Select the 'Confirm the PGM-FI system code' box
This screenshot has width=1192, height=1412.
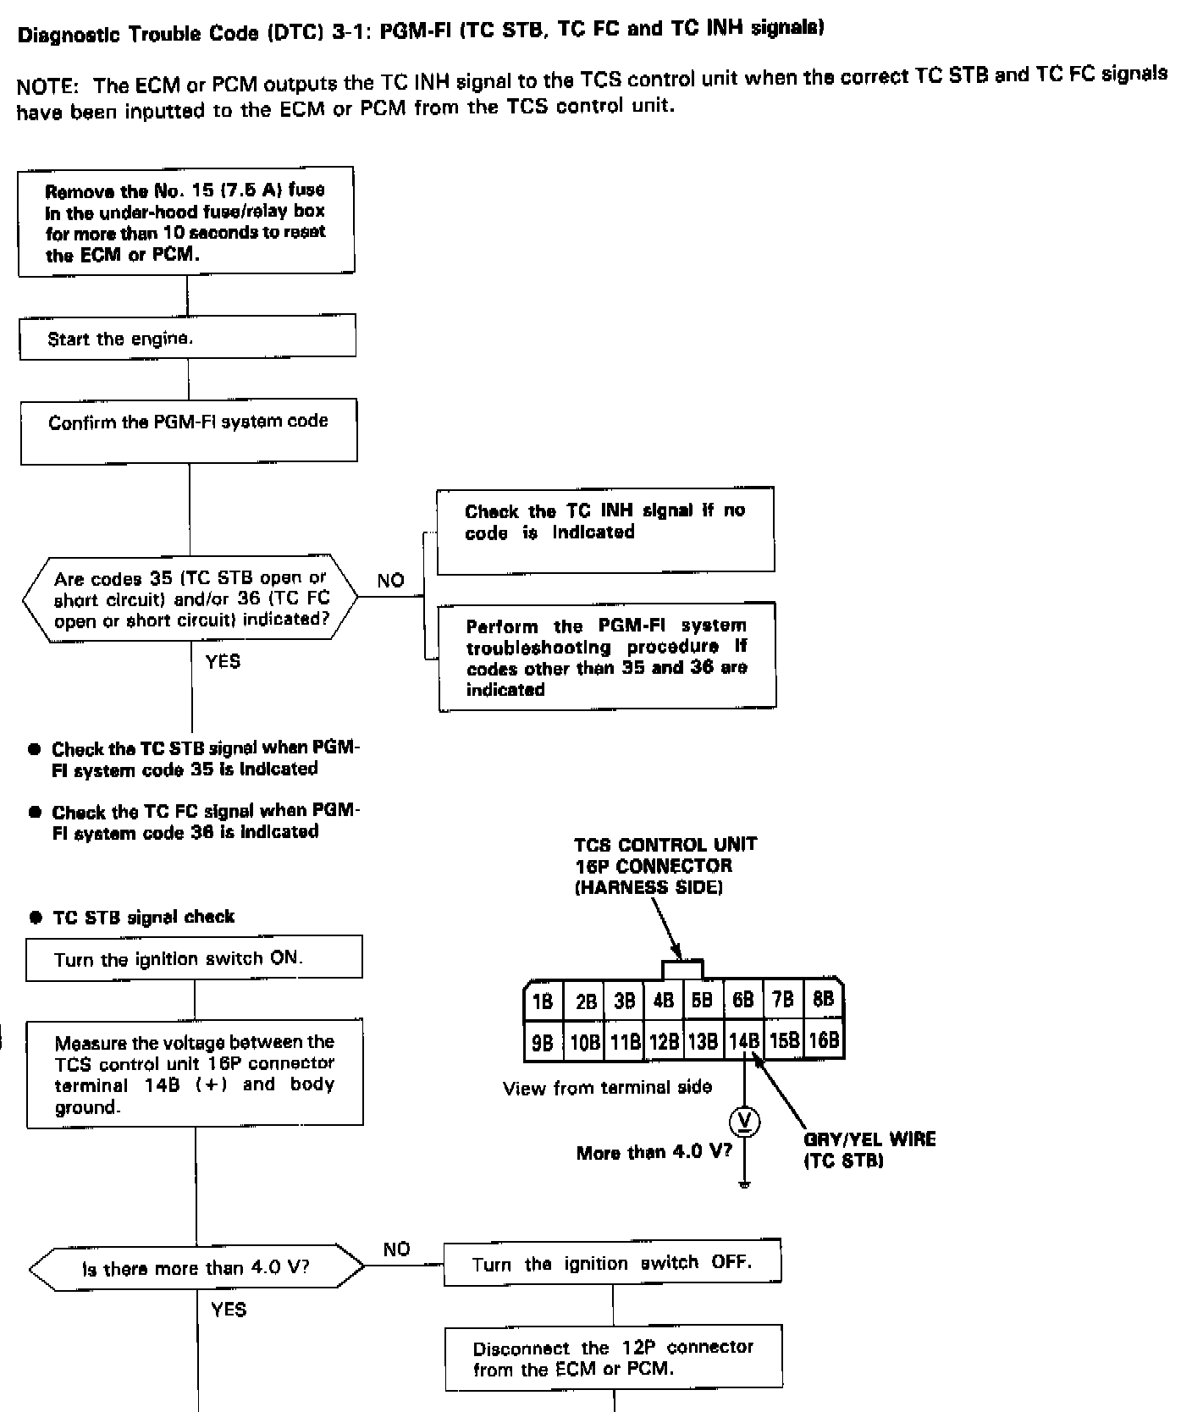(x=189, y=432)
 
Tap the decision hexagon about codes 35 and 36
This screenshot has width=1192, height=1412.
(x=190, y=598)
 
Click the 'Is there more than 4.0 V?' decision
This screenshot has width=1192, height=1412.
(x=196, y=1267)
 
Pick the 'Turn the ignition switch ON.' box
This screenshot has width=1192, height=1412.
(x=194, y=958)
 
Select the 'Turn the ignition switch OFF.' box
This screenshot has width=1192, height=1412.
(x=612, y=1263)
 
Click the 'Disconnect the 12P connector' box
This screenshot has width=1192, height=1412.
(x=614, y=1357)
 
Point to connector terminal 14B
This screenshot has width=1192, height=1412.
(x=743, y=1040)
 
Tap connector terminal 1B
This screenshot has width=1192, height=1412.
(x=542, y=1001)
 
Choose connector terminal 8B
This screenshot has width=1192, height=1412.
(x=823, y=1000)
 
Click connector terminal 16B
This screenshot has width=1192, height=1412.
(x=824, y=1040)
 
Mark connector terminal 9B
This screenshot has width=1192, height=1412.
(x=542, y=1042)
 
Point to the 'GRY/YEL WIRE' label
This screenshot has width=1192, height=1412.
(x=869, y=1139)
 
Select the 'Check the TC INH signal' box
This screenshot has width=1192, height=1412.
(x=605, y=529)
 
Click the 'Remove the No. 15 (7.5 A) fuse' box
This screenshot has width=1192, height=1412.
(x=186, y=221)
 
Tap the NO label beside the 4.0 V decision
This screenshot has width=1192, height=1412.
(x=396, y=1249)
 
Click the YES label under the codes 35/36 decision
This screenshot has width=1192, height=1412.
(x=223, y=661)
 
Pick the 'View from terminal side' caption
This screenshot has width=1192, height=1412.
(x=607, y=1088)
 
